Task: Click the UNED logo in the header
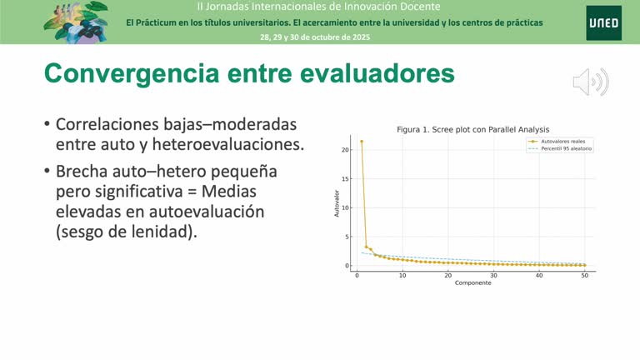click(x=602, y=22)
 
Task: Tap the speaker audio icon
click(x=590, y=82)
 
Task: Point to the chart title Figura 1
click(x=472, y=129)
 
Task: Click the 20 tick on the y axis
click(x=345, y=150)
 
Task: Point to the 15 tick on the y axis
click(x=345, y=179)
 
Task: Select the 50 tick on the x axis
click(x=584, y=275)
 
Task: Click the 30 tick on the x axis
click(x=493, y=275)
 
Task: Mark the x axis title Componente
click(x=472, y=282)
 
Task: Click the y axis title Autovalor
click(x=337, y=205)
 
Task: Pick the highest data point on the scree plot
click(x=361, y=142)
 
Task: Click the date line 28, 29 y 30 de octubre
click(x=315, y=37)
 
